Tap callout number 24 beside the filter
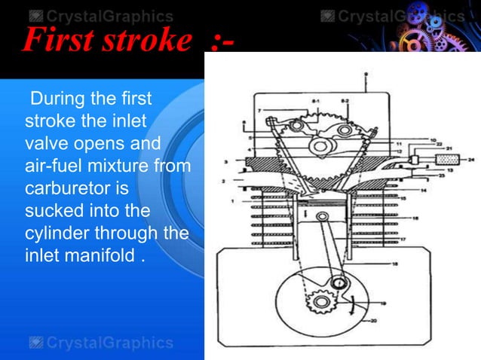point(472,159)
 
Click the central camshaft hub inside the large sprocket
point(324,145)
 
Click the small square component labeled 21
point(413,160)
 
